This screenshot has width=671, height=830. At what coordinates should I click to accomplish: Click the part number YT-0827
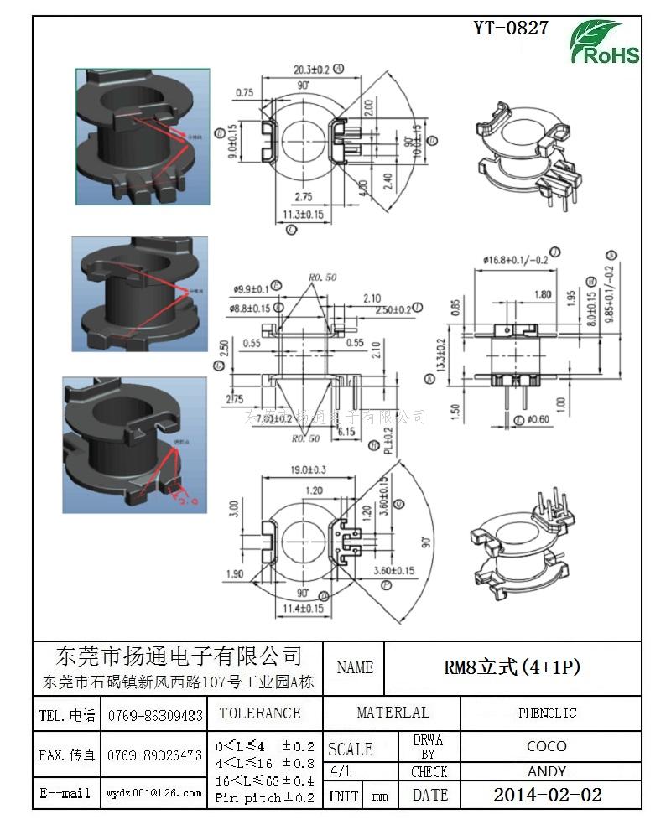click(x=511, y=28)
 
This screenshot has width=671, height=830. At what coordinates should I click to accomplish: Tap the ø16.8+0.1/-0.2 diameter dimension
click(x=515, y=260)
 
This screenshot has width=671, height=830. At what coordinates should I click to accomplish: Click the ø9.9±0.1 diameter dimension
click(x=252, y=290)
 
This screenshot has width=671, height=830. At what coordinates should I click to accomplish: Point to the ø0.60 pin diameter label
click(x=539, y=418)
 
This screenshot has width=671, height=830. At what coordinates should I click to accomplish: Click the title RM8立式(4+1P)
click(x=512, y=667)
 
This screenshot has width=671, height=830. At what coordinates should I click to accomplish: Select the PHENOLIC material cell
click(x=547, y=713)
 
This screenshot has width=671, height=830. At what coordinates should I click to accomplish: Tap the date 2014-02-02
click(x=547, y=795)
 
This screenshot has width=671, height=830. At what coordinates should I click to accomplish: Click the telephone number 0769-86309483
click(x=155, y=716)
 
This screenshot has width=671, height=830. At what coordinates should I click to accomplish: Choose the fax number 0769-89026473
click(x=155, y=755)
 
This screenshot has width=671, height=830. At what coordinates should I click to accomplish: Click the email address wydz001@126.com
click(x=154, y=792)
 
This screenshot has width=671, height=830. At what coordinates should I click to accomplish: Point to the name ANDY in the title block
click(x=547, y=771)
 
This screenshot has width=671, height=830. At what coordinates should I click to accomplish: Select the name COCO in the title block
click(x=547, y=745)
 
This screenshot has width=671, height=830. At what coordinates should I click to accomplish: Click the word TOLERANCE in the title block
click(x=259, y=713)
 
